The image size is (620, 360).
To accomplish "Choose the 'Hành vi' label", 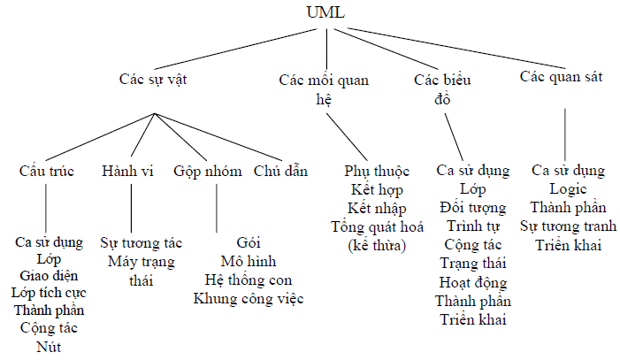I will (x=127, y=171).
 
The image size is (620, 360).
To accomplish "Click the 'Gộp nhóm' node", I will (x=208, y=171).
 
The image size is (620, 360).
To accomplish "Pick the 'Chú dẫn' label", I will (x=280, y=171).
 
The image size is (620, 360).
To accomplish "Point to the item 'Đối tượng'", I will (x=472, y=208).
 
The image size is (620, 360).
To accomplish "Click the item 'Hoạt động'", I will (x=472, y=282).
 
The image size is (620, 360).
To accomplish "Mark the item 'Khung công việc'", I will (x=249, y=299).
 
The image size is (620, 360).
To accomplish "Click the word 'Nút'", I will (x=49, y=346).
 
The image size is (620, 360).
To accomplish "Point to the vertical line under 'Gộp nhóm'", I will (x=216, y=207).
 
